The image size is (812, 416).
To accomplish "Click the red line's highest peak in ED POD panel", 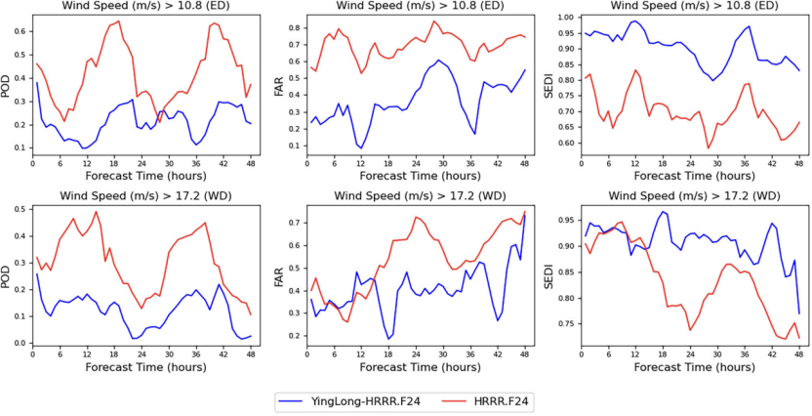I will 119,21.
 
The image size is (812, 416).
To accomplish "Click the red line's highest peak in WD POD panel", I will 97,212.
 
